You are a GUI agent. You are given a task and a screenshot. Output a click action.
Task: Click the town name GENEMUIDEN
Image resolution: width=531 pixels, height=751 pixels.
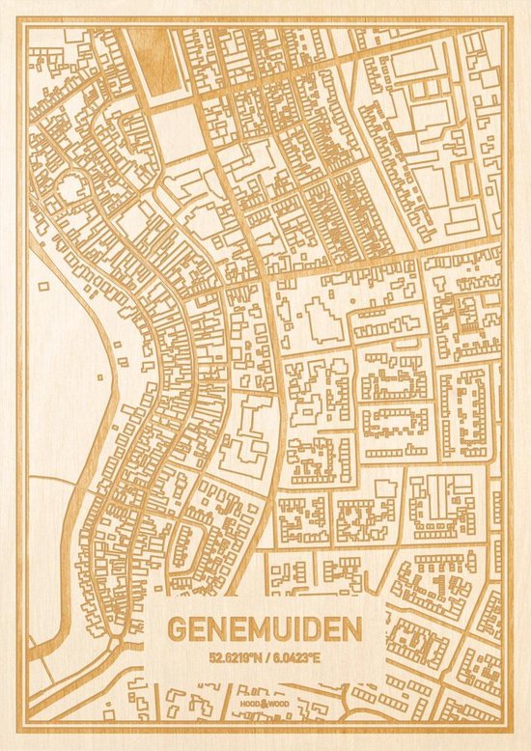[x=265, y=628]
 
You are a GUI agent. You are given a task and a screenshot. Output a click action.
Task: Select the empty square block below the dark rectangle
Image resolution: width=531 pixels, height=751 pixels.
[x=176, y=131]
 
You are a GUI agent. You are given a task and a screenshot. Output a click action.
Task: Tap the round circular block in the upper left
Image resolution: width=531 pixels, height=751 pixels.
[x=71, y=188]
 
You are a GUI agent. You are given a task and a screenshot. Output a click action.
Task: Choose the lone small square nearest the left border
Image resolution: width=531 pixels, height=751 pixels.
[x=43, y=286]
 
